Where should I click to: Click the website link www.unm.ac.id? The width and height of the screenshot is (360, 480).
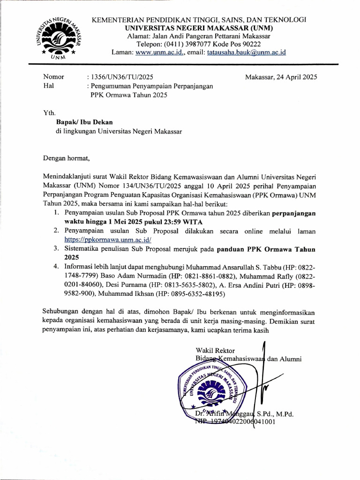(x=154, y=52)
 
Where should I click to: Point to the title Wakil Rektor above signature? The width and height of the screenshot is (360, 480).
(x=215, y=350)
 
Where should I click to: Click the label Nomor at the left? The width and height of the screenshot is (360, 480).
(x=53, y=77)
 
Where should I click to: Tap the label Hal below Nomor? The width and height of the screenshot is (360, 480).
(x=48, y=86)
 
